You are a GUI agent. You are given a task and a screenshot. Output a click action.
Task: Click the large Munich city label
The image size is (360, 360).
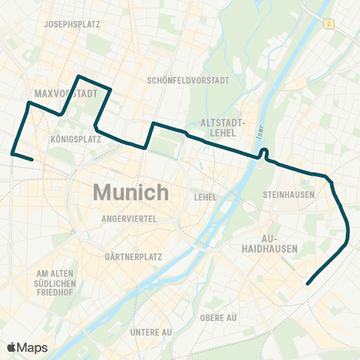[x=131, y=192]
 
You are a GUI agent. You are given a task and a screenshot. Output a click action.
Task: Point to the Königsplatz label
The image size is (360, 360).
[x=76, y=139]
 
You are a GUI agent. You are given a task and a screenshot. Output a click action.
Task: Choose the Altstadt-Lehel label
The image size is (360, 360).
[x=220, y=127]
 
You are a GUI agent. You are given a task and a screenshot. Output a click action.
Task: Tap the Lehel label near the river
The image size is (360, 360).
[x=205, y=197]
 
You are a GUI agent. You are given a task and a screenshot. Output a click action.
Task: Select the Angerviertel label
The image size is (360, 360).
[x=129, y=218]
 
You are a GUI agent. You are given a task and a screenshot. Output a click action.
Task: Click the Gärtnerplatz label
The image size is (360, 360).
[x=131, y=256]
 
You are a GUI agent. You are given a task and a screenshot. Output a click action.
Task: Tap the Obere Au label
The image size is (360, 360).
[x=218, y=317]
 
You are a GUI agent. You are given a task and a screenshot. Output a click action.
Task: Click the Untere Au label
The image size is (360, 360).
[x=151, y=331]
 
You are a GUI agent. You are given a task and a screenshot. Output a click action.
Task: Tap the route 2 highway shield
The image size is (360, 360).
[x=328, y=25]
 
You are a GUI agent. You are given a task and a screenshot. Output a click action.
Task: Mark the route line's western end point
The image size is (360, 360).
[x=31, y=160]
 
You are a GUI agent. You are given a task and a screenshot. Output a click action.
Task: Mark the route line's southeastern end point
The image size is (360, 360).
[x=307, y=283]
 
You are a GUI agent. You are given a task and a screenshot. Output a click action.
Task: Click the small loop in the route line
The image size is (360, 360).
[x=263, y=154]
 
